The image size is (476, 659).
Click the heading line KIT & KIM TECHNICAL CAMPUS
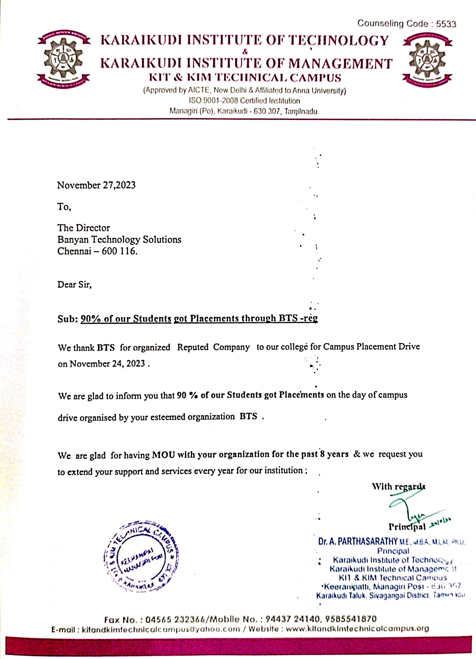245,78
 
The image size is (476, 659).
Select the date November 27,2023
96,185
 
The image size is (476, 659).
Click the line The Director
84,228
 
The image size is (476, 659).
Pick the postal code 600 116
119,251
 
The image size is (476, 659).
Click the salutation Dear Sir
74,285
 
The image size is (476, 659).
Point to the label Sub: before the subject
67,319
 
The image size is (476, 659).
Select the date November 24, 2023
107,364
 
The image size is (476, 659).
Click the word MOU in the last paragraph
163,454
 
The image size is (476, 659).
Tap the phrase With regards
398,486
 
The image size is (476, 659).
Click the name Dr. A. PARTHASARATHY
358,541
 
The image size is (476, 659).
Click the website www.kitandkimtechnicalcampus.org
357,629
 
